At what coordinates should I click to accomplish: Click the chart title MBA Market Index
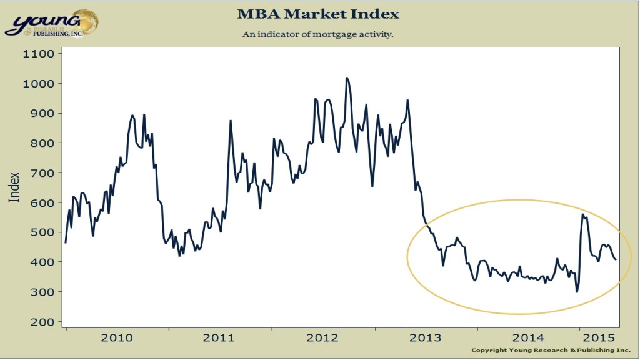319,13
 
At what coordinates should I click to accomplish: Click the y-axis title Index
14,187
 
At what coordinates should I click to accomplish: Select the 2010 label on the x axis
116,338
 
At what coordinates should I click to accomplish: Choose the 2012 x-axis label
322,338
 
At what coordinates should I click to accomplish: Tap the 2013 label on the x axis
424,338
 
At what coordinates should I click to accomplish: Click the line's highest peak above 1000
347,78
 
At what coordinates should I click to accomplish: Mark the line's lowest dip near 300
576,292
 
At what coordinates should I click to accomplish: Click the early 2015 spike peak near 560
583,214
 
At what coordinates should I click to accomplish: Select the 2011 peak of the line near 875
231,121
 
